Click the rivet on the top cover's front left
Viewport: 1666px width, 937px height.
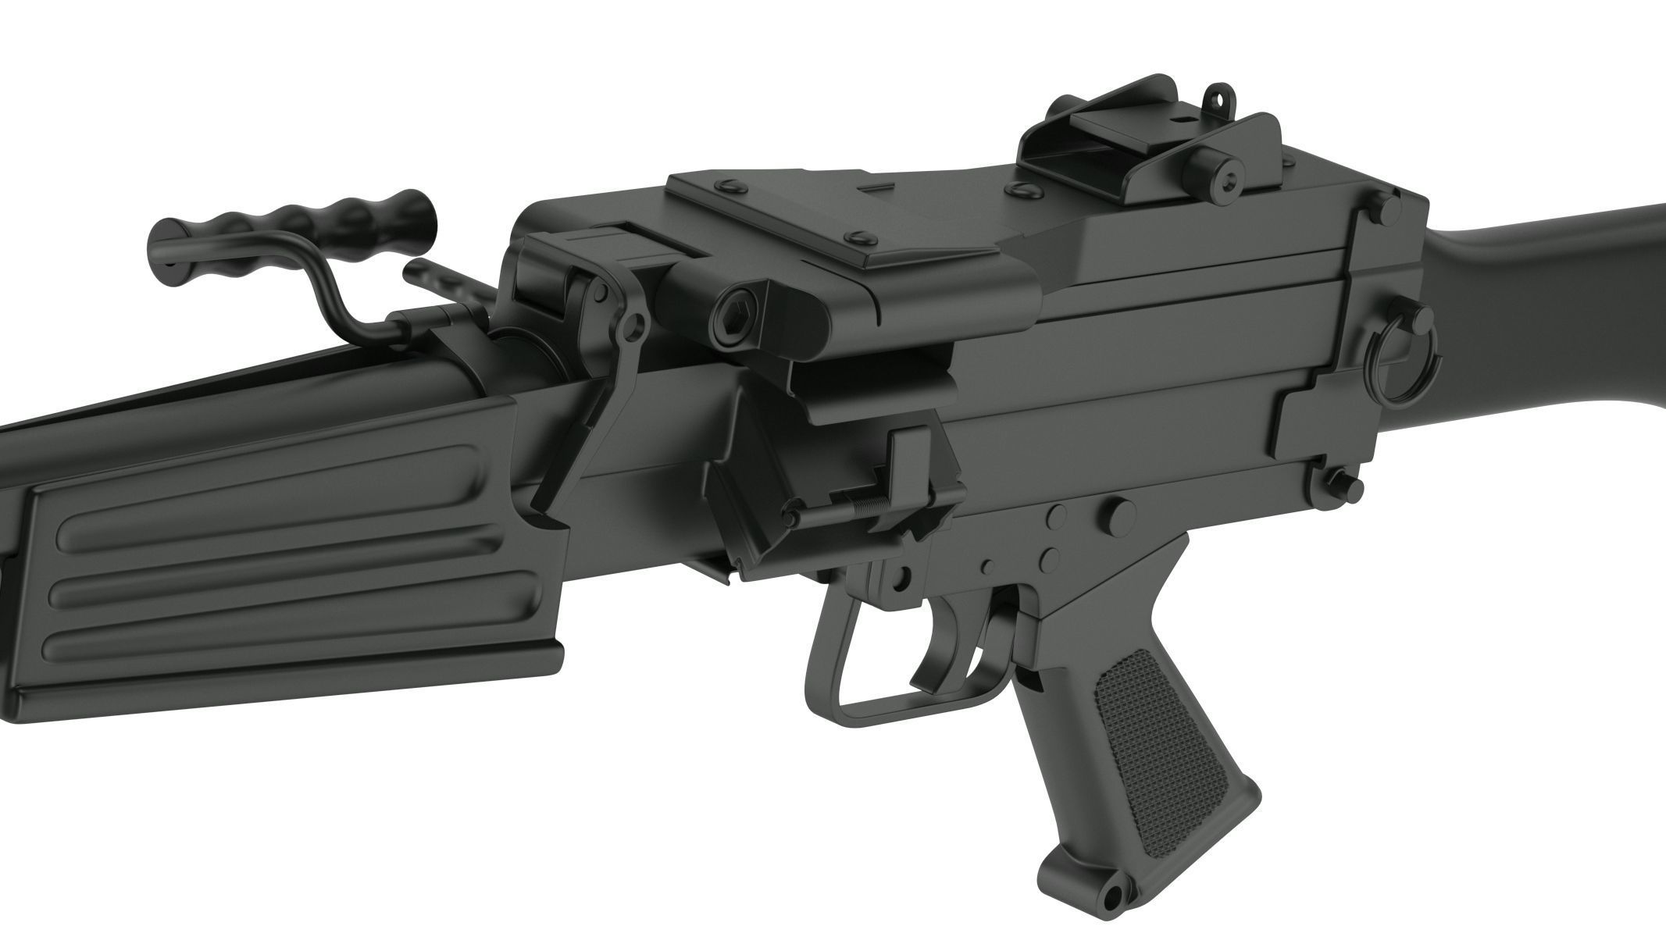pyautogui.click(x=731, y=187)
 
